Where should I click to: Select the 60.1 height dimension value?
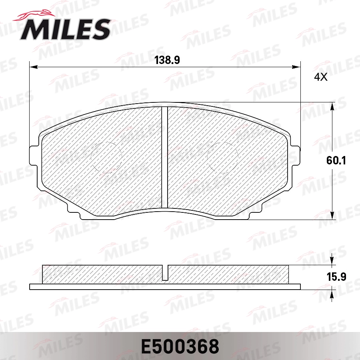(336, 161)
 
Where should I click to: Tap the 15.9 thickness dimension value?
(336, 277)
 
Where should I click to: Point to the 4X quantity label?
(320, 78)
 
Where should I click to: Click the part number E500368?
(180, 346)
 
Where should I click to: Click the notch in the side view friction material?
(165, 272)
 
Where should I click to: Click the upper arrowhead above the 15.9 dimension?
(332, 262)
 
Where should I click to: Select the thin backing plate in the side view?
(165, 286)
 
